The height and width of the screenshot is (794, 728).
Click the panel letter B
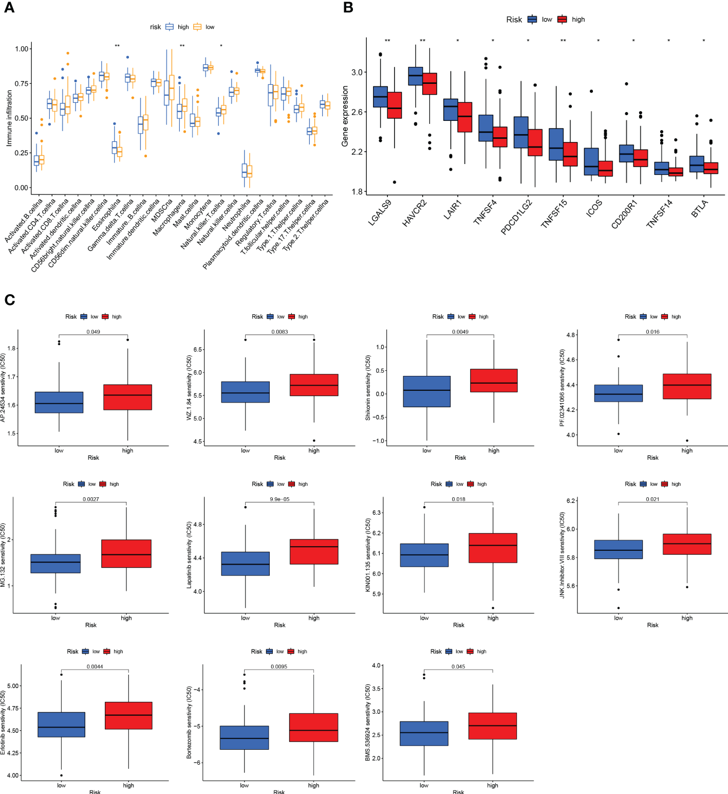pos(348,8)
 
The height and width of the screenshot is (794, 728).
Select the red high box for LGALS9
pos(395,105)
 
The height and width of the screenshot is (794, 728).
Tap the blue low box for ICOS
pos(591,161)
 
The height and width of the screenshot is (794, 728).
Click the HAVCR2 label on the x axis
pos(415,213)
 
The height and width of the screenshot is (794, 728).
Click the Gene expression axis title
pos(345,116)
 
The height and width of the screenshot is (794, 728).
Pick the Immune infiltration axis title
pos(9,118)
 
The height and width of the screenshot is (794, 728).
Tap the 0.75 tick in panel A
pos(22,83)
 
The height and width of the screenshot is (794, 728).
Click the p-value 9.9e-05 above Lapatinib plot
pos(279,499)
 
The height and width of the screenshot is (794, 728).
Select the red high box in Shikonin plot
pos(494,381)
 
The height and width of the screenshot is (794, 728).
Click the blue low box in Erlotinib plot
pos(62,725)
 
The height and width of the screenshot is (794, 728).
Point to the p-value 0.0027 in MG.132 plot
pos(91,499)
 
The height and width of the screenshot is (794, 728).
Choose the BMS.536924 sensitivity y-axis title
pos(368,723)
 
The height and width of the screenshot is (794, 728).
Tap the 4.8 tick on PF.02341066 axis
pos(571,335)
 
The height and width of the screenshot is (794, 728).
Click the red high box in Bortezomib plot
pos(313,727)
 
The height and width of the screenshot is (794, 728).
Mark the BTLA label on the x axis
pos(701,208)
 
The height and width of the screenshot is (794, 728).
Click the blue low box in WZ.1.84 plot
pos(246,392)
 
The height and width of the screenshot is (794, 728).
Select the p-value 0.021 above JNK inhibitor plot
pos(652,499)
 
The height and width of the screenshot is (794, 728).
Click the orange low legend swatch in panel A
pos(197,27)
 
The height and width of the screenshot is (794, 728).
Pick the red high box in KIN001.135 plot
pos(493,548)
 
